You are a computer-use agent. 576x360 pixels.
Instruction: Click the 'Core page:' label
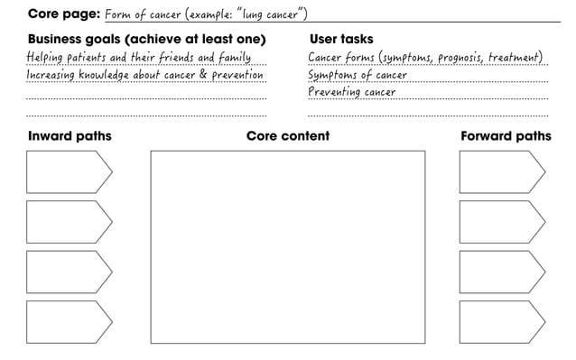point(63,14)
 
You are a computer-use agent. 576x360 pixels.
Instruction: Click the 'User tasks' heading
point(340,40)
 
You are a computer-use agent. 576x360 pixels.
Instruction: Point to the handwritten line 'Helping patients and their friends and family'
point(138,59)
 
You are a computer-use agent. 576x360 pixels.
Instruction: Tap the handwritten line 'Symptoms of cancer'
point(358,76)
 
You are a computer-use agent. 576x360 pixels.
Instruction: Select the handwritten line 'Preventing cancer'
point(352,92)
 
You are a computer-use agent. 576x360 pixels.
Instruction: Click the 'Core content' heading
point(287,136)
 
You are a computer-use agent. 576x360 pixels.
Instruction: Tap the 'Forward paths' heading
point(505,136)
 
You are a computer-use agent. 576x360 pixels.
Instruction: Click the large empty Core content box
point(287,246)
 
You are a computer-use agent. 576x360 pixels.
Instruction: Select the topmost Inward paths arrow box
point(68,171)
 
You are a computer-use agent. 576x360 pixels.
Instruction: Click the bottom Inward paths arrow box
point(68,321)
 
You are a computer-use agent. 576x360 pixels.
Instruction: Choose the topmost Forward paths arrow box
point(501,171)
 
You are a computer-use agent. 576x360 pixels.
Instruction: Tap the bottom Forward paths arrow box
point(501,321)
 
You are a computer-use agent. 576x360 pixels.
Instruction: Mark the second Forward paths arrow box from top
point(501,221)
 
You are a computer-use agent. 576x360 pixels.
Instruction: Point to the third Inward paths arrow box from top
point(68,272)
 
